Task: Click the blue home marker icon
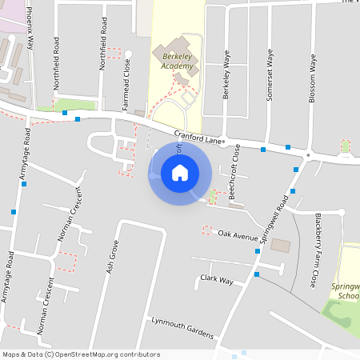coord(180,173)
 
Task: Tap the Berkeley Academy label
coord(173,62)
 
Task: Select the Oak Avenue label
coord(238,235)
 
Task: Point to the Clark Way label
coord(216,280)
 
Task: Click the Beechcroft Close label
coord(234,175)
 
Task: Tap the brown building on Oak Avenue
coord(282,245)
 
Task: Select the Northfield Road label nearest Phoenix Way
coord(57,55)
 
